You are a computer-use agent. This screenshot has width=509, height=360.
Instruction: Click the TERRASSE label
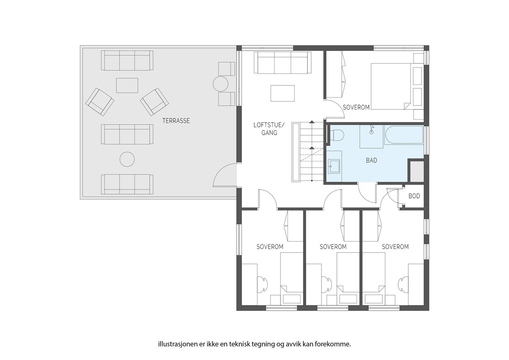[176, 121]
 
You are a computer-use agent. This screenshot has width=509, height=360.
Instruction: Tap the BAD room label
[372, 160]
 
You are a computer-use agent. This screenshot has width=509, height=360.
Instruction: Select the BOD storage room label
[414, 196]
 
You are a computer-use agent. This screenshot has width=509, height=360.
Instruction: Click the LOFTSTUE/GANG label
[269, 129]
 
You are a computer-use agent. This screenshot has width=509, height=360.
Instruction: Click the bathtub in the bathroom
[404, 135]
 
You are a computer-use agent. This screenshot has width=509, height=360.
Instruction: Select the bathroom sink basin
[334, 166]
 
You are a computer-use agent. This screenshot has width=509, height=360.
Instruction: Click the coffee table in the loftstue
[282, 93]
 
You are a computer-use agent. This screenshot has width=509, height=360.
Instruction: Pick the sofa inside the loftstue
[282, 63]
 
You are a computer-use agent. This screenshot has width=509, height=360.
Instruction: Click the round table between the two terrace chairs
[220, 84]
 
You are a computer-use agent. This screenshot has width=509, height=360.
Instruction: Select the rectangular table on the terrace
[127, 86]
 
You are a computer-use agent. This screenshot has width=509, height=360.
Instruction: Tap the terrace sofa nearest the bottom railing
[127, 184]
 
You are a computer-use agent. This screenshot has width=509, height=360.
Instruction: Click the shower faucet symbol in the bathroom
[372, 129]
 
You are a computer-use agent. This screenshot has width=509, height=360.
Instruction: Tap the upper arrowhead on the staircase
[312, 122]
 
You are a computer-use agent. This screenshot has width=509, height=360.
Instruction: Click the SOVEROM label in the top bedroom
[356, 107]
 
